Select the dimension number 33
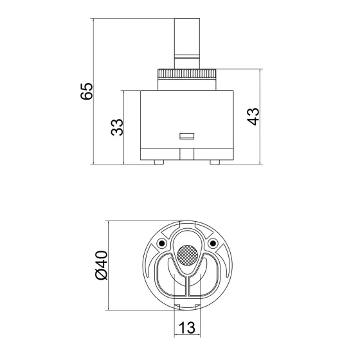pyautogui.click(x=116, y=127)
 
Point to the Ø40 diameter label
pyautogui.click(x=100, y=265)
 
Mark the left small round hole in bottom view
pyautogui.click(x=160, y=243)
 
